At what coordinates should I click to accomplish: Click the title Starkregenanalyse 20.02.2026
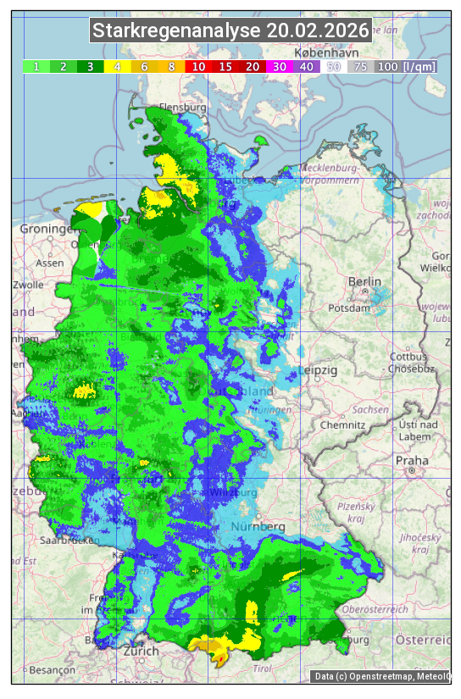[x=230, y=31]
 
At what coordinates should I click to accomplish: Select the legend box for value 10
[x=197, y=66]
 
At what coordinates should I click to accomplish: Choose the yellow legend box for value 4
[x=117, y=66]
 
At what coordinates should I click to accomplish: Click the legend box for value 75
[x=360, y=66]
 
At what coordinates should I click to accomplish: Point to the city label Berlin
[x=365, y=282]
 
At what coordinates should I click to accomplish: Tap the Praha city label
[x=412, y=460]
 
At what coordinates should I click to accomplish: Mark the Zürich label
[x=140, y=651]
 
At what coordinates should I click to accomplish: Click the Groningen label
[x=49, y=229]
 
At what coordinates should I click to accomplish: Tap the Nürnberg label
[x=258, y=527]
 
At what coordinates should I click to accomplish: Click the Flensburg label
[x=182, y=108]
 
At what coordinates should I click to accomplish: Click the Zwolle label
[x=27, y=285]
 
